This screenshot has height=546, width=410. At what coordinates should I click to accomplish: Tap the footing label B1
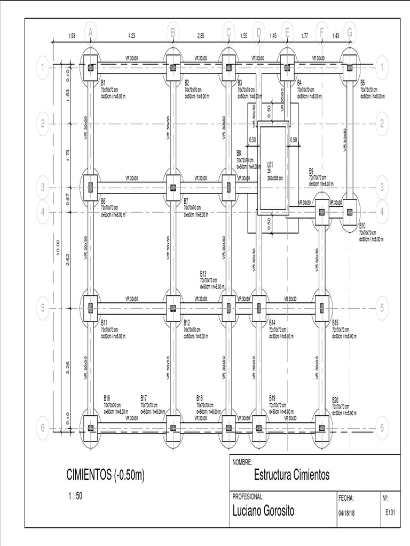click(104, 83)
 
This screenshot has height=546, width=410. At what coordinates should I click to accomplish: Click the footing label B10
click(362, 226)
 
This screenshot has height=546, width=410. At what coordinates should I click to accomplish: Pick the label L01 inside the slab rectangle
click(270, 164)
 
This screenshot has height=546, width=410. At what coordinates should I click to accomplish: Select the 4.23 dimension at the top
click(132, 36)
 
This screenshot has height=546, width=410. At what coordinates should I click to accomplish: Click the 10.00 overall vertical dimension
click(58, 248)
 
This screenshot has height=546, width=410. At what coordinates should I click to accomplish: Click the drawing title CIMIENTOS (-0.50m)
click(106, 474)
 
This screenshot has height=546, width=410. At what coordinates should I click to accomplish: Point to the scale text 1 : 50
click(75, 495)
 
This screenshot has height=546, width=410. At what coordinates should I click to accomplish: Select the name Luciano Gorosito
click(263, 511)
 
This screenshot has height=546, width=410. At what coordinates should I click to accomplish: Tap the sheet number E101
click(391, 512)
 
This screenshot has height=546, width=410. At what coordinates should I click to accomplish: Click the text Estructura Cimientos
click(292, 475)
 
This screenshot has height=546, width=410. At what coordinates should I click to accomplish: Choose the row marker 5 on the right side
click(382, 308)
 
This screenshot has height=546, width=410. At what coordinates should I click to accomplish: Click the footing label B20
click(335, 399)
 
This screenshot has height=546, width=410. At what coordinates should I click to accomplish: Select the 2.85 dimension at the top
click(201, 36)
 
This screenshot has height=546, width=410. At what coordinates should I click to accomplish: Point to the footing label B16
click(107, 398)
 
